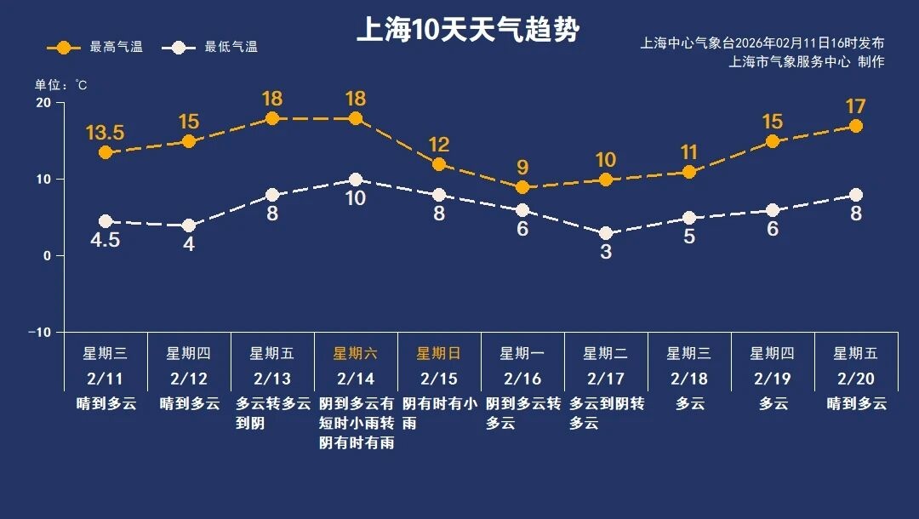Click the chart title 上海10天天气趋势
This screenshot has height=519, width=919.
[467, 30]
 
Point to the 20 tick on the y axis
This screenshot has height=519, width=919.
[43, 103]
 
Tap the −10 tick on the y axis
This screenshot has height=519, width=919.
[39, 332]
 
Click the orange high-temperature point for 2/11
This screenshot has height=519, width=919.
[106, 153]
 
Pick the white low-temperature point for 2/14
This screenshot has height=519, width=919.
[356, 180]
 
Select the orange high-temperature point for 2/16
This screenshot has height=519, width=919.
[522, 187]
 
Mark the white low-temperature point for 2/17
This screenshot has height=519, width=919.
[606, 233]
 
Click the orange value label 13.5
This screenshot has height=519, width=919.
[106, 133]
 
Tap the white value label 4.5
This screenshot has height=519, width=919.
[106, 241]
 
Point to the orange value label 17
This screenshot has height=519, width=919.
[856, 107]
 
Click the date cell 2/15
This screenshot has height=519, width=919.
[439, 379]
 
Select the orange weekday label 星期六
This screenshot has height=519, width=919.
[356, 353]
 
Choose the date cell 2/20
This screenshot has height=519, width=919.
[856, 379]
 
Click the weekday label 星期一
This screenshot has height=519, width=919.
[522, 353]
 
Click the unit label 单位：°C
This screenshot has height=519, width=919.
[61, 85]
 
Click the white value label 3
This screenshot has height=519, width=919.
[606, 252]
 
